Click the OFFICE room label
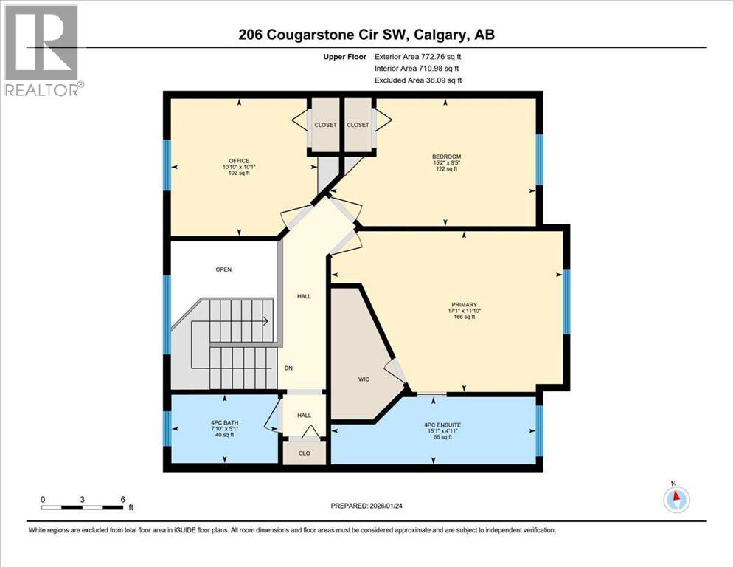pyautogui.click(x=238, y=161)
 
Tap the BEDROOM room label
pyautogui.click(x=446, y=157)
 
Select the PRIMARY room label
pyautogui.click(x=465, y=305)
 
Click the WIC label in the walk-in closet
pyautogui.click(x=364, y=379)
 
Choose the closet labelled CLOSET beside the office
pyautogui.click(x=324, y=125)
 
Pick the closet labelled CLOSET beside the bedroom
pyautogui.click(x=358, y=125)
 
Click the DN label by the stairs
pyautogui.click(x=290, y=368)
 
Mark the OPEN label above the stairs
pyautogui.click(x=223, y=269)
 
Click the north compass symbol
pyautogui.click(x=675, y=499)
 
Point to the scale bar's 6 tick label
pyautogui.click(x=122, y=499)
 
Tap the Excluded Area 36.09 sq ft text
pyautogui.click(x=420, y=80)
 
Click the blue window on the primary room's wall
pyautogui.click(x=566, y=302)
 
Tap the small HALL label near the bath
pyautogui.click(x=304, y=416)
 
